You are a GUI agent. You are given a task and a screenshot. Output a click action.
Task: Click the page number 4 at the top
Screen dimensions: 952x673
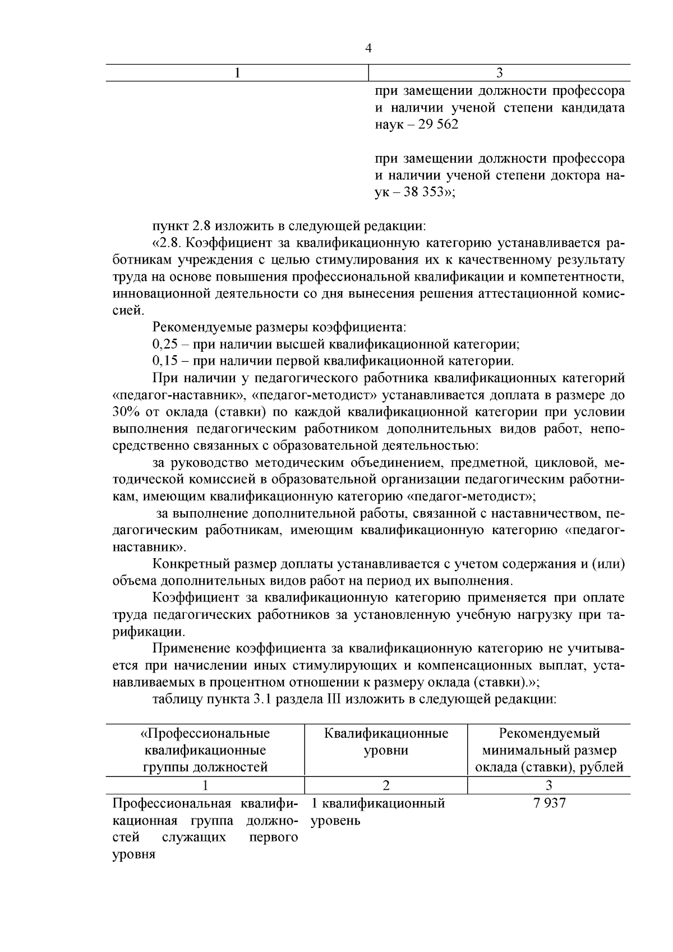(x=368, y=49)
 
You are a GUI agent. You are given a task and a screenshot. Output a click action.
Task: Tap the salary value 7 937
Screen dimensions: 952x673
(x=550, y=803)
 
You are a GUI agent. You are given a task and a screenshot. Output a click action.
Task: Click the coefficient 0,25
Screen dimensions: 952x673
(x=164, y=344)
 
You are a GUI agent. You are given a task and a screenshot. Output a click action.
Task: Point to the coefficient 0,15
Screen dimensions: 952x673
(x=164, y=361)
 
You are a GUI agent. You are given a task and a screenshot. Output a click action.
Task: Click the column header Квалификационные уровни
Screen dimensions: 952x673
(x=386, y=742)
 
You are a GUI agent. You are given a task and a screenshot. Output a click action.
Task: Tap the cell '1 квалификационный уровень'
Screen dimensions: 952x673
(x=378, y=812)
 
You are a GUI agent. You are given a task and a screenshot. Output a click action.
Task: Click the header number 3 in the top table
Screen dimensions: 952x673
(x=500, y=73)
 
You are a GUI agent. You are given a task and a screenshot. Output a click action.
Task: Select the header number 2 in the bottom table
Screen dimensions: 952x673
(x=386, y=785)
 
